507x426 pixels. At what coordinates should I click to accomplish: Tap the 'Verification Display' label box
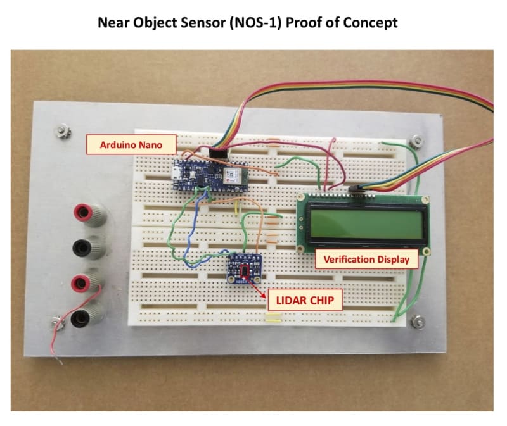point(366,259)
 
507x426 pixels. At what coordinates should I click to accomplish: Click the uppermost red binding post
point(82,212)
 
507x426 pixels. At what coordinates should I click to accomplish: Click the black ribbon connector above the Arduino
point(219,152)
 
